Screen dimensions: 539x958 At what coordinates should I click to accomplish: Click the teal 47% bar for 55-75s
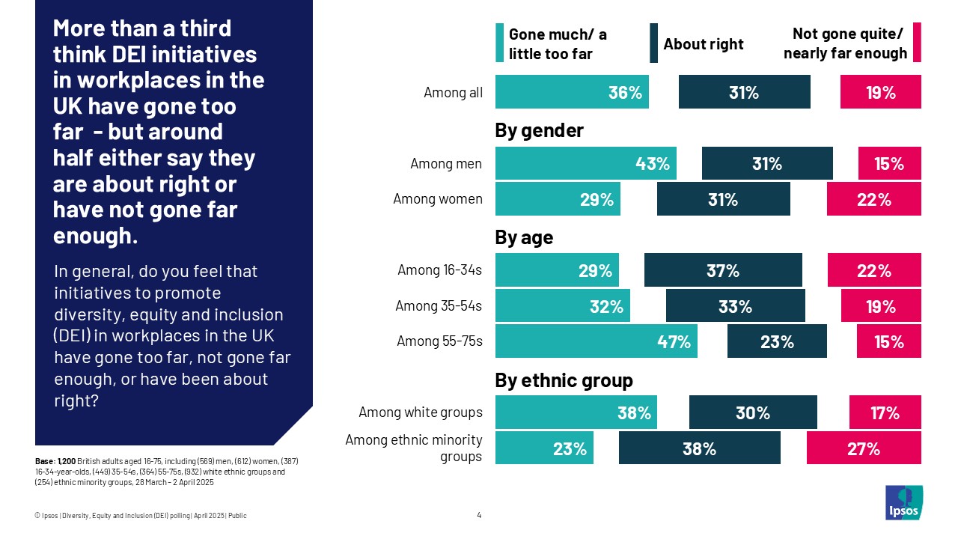coord(596,342)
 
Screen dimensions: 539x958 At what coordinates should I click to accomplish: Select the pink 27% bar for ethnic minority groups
coord(864,448)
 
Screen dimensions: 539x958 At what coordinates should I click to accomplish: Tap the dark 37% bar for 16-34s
coord(723,270)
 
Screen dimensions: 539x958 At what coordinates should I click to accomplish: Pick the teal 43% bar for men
coord(585,163)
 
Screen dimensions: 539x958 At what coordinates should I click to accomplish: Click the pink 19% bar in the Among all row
coord(880,92)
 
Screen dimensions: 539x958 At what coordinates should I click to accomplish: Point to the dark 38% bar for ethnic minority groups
coord(699,448)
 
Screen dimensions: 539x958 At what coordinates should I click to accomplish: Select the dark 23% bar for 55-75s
coord(777,342)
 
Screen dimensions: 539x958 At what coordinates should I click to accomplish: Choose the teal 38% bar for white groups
coord(576,412)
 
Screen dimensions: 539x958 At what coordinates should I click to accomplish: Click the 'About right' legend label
coord(704,44)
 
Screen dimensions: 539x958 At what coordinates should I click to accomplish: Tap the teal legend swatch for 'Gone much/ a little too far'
coord(500,43)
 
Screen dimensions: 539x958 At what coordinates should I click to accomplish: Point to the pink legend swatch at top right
coord(917,43)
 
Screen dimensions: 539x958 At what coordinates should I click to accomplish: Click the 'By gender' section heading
coord(539,131)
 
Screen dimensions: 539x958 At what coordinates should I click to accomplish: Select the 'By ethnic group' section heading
coord(564,380)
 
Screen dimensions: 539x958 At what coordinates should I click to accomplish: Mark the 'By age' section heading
coord(524,238)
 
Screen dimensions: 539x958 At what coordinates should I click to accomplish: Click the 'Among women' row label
coord(438,199)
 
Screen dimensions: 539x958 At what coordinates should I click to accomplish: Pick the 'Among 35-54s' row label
coord(439,306)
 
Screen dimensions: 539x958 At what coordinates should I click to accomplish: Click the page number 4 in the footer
coord(479,515)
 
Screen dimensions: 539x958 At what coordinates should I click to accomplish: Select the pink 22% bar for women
coord(873,199)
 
